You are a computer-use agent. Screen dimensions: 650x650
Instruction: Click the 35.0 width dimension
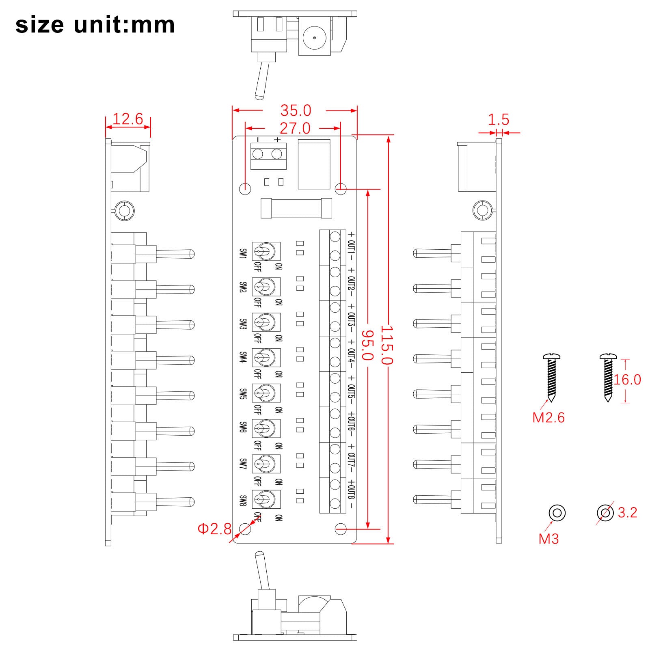click(296, 110)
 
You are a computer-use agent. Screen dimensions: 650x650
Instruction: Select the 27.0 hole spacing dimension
click(295, 128)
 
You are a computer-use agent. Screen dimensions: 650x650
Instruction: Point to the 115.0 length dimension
click(387, 345)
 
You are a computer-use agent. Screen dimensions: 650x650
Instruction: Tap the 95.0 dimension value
click(367, 345)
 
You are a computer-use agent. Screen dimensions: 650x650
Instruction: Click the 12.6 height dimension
click(127, 119)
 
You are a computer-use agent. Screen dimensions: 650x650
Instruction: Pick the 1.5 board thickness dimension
click(498, 120)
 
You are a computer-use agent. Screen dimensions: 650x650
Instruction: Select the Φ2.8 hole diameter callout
click(214, 529)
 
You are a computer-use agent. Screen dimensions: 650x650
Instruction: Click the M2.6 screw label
click(548, 417)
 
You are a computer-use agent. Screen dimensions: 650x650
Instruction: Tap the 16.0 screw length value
click(627, 380)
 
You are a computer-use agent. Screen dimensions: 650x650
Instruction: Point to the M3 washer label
click(549, 539)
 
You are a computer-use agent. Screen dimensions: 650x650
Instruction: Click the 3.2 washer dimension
click(627, 512)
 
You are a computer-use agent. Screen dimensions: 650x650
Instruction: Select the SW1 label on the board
click(243, 254)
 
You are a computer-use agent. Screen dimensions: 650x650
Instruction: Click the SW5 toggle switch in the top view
click(266, 393)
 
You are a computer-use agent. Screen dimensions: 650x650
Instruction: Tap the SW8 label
click(243, 501)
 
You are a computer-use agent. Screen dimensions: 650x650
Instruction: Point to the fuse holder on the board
click(296, 208)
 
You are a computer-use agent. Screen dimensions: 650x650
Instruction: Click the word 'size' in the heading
click(39, 25)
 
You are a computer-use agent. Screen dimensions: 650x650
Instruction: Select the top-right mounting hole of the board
click(341, 188)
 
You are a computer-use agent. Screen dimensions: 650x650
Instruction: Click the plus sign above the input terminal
click(277, 140)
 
